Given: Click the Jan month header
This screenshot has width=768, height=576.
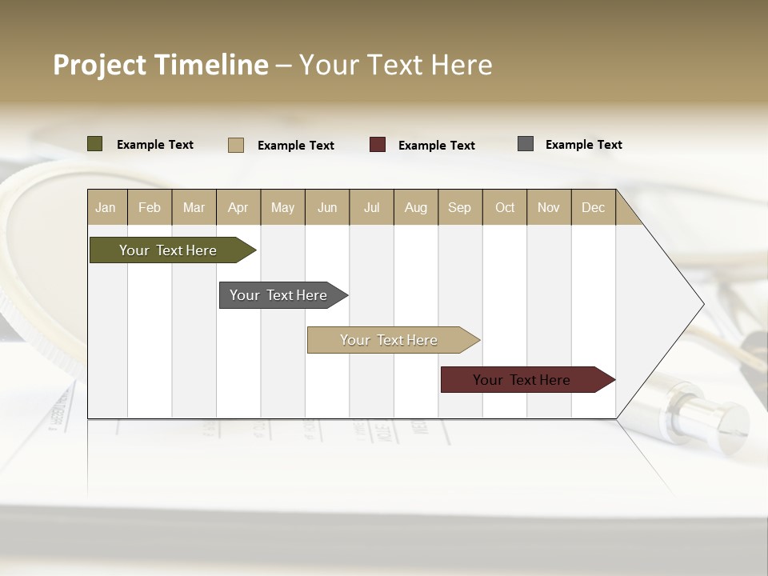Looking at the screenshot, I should click(106, 207).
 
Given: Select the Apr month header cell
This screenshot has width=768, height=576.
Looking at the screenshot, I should click(238, 207).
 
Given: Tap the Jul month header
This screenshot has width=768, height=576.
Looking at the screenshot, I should click(371, 207).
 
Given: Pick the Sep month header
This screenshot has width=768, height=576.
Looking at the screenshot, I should click(459, 207).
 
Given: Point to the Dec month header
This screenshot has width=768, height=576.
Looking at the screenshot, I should click(593, 207).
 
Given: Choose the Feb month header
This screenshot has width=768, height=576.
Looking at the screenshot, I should click(150, 207).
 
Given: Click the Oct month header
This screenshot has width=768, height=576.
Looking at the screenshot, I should click(505, 207).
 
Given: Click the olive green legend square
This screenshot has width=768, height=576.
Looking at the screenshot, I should click(95, 144).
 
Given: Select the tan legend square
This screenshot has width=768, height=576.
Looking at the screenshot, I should click(236, 145).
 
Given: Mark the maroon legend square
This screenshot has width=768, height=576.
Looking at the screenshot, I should click(378, 145).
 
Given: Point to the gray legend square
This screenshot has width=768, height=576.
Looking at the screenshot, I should click(526, 144).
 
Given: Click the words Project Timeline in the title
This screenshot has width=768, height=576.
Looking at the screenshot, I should click(160, 65).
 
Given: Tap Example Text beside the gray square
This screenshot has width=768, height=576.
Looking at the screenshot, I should click(583, 145).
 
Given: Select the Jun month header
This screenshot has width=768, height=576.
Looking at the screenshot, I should click(327, 207).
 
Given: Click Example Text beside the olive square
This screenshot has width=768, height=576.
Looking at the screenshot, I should click(155, 145).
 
